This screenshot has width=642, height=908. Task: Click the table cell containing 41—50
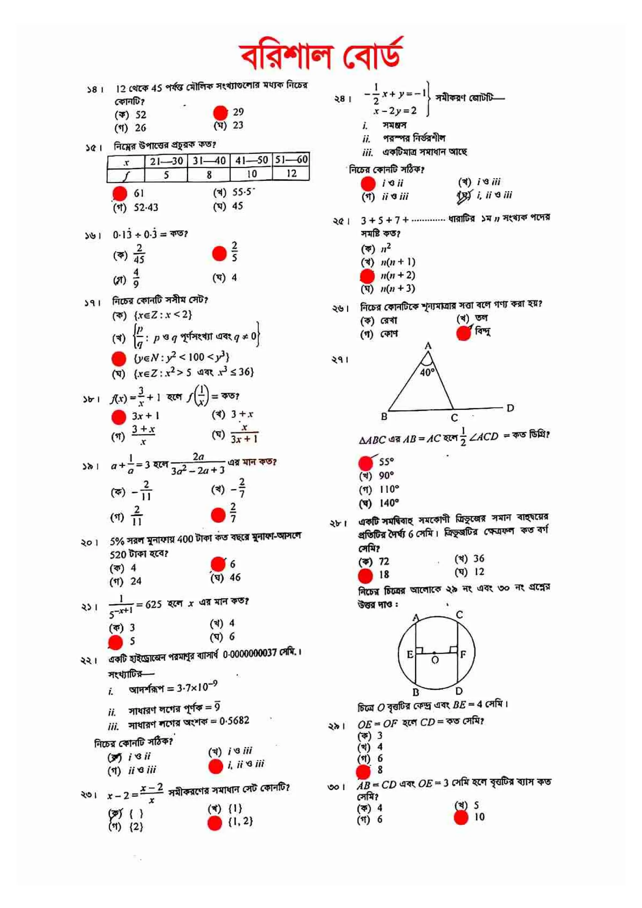251,160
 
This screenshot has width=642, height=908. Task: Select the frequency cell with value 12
291,173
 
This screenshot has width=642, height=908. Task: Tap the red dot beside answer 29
220,113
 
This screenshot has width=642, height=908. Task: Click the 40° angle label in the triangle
427,372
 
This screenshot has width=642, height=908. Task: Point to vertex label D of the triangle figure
510,408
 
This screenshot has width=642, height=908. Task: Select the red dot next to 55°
366,462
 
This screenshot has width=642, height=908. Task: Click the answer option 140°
388,503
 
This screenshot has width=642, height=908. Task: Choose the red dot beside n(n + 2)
367,276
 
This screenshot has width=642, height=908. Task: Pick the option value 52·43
145,207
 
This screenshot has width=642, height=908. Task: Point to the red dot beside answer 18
365,576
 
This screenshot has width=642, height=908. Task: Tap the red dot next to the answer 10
461,817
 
